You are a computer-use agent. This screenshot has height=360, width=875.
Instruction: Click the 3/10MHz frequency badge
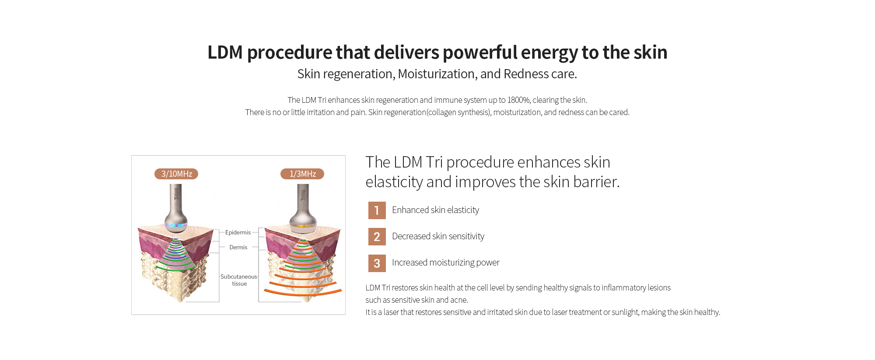[x=176, y=174]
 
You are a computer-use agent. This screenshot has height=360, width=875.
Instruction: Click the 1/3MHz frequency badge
[x=302, y=174]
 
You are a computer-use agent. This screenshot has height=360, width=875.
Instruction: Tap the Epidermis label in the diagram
[x=238, y=232]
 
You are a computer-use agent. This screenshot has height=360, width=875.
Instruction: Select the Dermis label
[x=238, y=247]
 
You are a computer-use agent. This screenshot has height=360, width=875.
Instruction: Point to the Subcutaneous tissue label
[x=239, y=280]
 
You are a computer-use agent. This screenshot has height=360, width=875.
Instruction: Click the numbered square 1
[x=377, y=210]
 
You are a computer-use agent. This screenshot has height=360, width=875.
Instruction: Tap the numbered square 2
[x=377, y=237]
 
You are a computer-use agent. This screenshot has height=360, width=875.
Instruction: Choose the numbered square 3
[x=377, y=263]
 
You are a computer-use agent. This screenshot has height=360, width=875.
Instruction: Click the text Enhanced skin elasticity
[x=435, y=210]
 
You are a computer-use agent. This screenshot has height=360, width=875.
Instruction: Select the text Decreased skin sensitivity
[x=438, y=236]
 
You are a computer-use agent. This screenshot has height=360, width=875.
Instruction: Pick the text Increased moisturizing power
[x=445, y=262]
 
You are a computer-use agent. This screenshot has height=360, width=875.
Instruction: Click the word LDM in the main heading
[x=225, y=52]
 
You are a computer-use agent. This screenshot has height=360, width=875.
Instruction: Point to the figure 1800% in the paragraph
[x=518, y=100]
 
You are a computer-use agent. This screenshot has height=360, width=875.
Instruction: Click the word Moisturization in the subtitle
[x=436, y=74]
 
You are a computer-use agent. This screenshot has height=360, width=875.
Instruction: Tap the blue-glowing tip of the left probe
[x=176, y=225]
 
